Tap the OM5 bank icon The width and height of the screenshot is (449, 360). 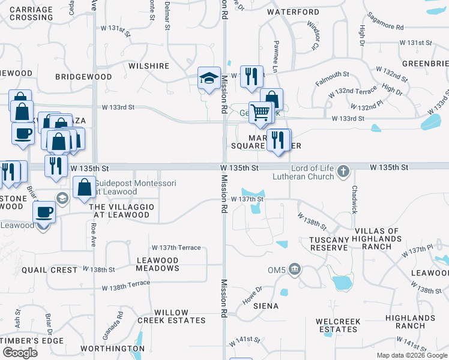[294, 268]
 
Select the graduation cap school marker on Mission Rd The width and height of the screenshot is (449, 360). [209, 79]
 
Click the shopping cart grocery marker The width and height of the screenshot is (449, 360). [261, 112]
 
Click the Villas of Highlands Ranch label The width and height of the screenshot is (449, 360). [377, 239]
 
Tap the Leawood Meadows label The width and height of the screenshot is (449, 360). [158, 265]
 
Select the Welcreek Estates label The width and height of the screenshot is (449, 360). [339, 326]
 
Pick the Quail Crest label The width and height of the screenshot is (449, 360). [49, 270]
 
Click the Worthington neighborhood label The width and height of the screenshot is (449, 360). [113, 349]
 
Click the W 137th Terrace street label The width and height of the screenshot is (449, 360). [176, 248]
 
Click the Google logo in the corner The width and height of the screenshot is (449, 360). [20, 353]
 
